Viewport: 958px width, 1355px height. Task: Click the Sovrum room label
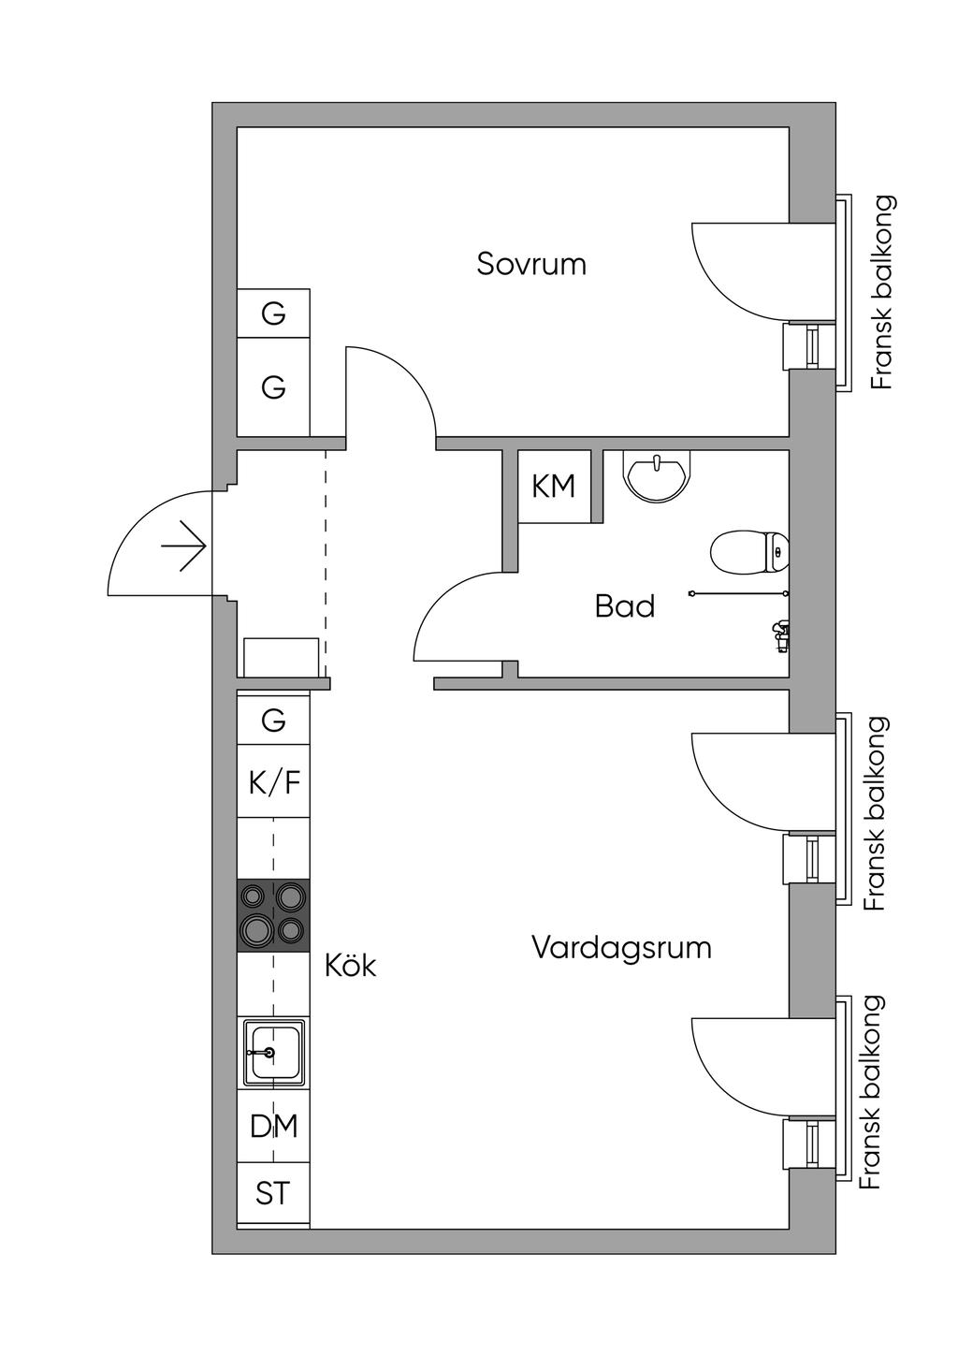tap(531, 264)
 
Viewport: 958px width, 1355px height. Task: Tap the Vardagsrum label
tap(621, 948)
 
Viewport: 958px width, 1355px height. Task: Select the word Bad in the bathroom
tap(624, 606)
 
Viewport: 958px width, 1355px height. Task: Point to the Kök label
tap(350, 965)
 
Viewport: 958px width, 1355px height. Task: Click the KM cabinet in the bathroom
tap(554, 487)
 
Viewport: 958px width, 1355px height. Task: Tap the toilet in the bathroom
tap(748, 552)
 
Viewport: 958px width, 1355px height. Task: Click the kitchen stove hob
tap(273, 915)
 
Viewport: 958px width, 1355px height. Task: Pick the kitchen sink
tap(273, 1053)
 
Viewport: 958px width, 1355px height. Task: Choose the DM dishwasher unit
tap(273, 1126)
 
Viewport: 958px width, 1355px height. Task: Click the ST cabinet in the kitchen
tap(273, 1194)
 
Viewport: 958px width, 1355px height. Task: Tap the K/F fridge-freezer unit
tap(273, 781)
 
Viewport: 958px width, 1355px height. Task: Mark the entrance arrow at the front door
tap(183, 547)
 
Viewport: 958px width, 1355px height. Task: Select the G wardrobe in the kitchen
tap(273, 721)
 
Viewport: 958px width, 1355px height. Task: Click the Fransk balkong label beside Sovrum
tap(881, 292)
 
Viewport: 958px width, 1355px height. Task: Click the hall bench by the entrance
tap(281, 657)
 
